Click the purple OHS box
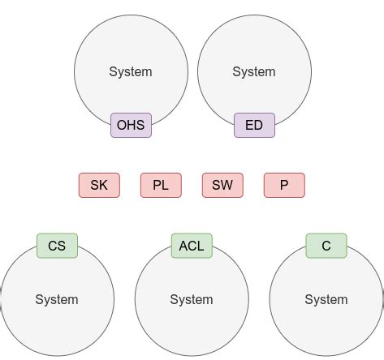[x=131, y=125]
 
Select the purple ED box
[x=254, y=125]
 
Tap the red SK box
[x=99, y=185]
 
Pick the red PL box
[x=161, y=185]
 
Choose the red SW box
[x=222, y=185]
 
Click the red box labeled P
[x=284, y=185]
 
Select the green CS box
[x=57, y=246]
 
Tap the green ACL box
[x=192, y=246]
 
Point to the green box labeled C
[x=326, y=246]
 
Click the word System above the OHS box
[x=131, y=71]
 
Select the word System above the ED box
[x=254, y=71]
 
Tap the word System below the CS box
[x=57, y=300]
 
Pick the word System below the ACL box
[x=192, y=300]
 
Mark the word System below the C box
[x=326, y=300]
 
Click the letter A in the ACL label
[x=183, y=246]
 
